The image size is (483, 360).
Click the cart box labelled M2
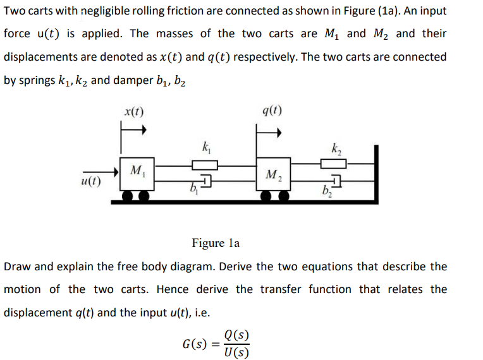coord(272,175)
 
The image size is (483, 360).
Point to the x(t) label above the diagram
coord(133,112)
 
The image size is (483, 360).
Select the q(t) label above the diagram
coord(272,112)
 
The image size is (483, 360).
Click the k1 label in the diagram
coord(206,150)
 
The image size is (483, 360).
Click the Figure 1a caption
coord(216,243)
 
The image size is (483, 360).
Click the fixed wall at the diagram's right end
coord(376,174)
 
